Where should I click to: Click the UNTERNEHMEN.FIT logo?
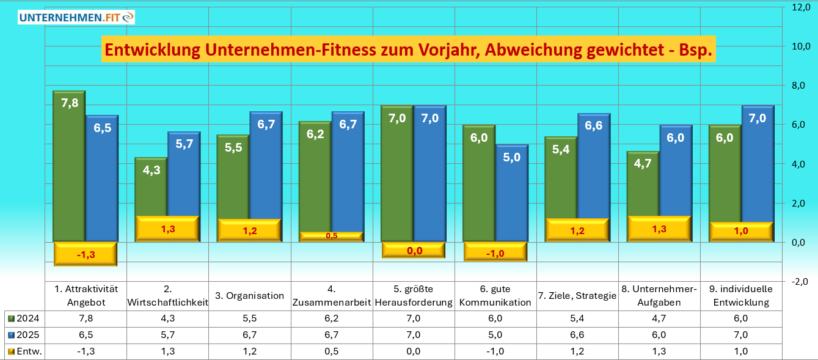pos(76,17)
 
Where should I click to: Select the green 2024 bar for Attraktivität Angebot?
pos(69,165)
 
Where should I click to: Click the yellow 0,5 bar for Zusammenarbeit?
pos(331,236)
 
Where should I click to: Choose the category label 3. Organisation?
pos(250,296)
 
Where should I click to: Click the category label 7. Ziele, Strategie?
pos(577,296)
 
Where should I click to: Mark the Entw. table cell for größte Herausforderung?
pos(414,351)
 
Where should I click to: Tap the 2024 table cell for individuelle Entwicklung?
pos(741,318)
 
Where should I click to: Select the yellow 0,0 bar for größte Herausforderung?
pos(414,250)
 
